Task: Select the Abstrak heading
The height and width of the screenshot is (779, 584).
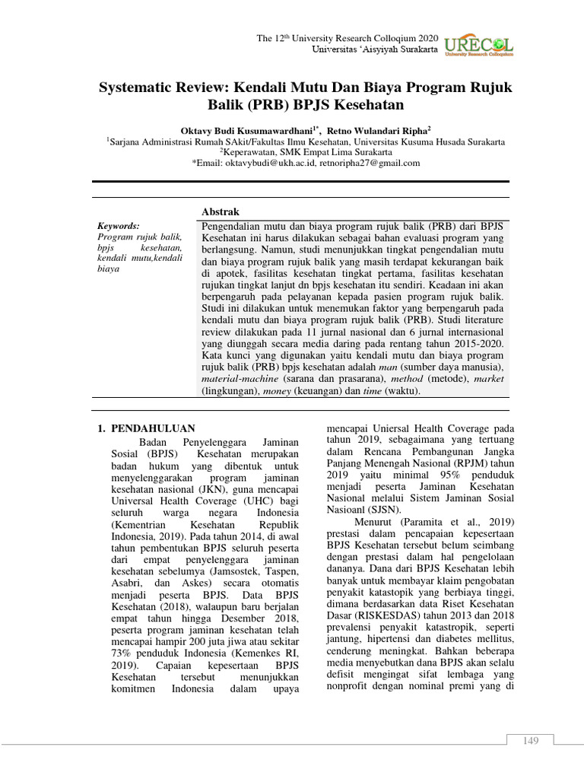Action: coord(220,211)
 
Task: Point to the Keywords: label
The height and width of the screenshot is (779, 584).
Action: coord(119,226)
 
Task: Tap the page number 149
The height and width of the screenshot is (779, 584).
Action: coord(530,741)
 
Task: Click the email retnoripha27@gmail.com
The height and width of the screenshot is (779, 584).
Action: coord(370,162)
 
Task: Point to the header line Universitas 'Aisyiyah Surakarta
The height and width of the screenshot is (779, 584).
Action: coord(376,49)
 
